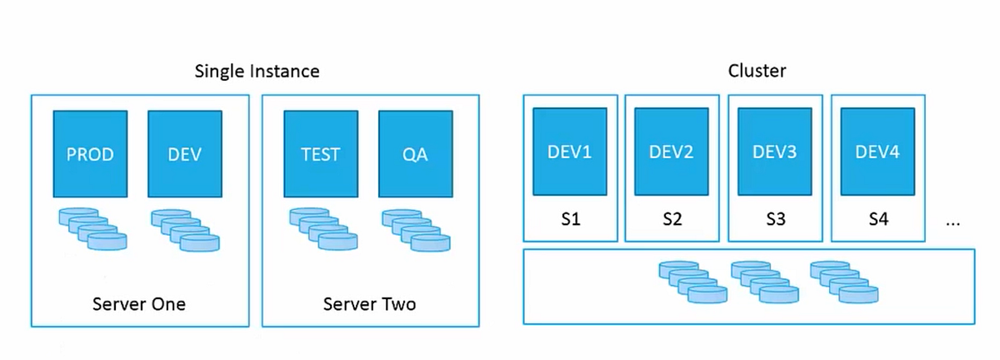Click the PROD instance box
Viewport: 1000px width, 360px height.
[x=90, y=154]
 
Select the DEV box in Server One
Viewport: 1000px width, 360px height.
[x=184, y=154]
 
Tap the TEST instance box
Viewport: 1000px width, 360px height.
[x=320, y=154]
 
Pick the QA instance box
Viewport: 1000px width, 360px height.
[x=415, y=154]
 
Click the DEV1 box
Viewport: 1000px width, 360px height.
[x=570, y=152]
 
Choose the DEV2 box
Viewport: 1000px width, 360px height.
[x=672, y=152]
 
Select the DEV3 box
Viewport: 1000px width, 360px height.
[x=775, y=152]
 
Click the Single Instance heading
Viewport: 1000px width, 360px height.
[x=257, y=72]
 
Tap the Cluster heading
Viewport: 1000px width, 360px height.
[x=757, y=72]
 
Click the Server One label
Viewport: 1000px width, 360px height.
[x=139, y=304]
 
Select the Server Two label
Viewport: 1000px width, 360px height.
[x=369, y=304]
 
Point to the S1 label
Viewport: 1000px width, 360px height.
[x=570, y=220]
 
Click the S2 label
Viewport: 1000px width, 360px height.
[x=672, y=220]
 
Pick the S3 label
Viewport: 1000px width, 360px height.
[x=775, y=220]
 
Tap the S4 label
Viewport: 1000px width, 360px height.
[x=878, y=220]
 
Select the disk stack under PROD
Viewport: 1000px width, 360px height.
[x=92, y=230]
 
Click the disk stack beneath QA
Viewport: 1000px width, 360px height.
[x=416, y=230]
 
